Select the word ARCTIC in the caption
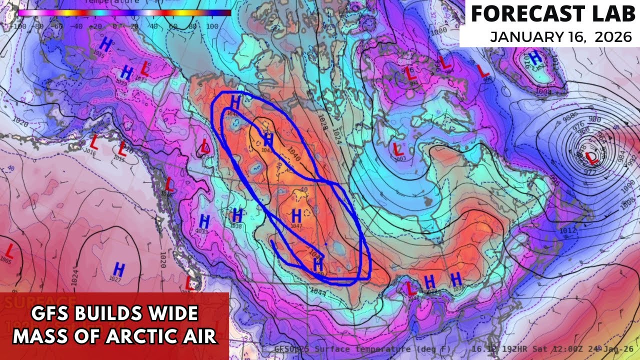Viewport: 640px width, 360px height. (x=145, y=336)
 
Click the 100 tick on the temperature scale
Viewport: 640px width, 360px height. (x=212, y=25)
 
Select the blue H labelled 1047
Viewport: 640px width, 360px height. (x=296, y=216)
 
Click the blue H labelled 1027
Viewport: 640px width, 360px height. (x=118, y=268)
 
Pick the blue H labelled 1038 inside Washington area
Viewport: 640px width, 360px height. (x=237, y=216)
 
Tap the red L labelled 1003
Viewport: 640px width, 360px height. (x=398, y=148)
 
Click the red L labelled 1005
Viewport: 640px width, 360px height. (x=9, y=250)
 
